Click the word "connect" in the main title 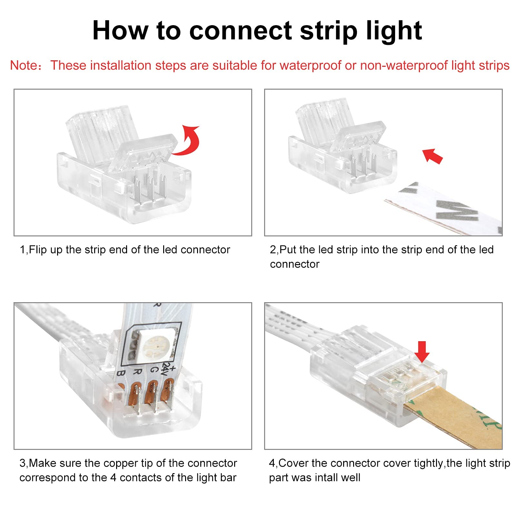pos(241,31)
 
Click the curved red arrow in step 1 pos(188,141)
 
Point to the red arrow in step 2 pos(433,156)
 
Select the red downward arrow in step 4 pos(422,352)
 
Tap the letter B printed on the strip pos(120,373)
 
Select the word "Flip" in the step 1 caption pos(38,250)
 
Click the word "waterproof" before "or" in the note pos(311,65)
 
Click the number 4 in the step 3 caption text pos(113,478)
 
